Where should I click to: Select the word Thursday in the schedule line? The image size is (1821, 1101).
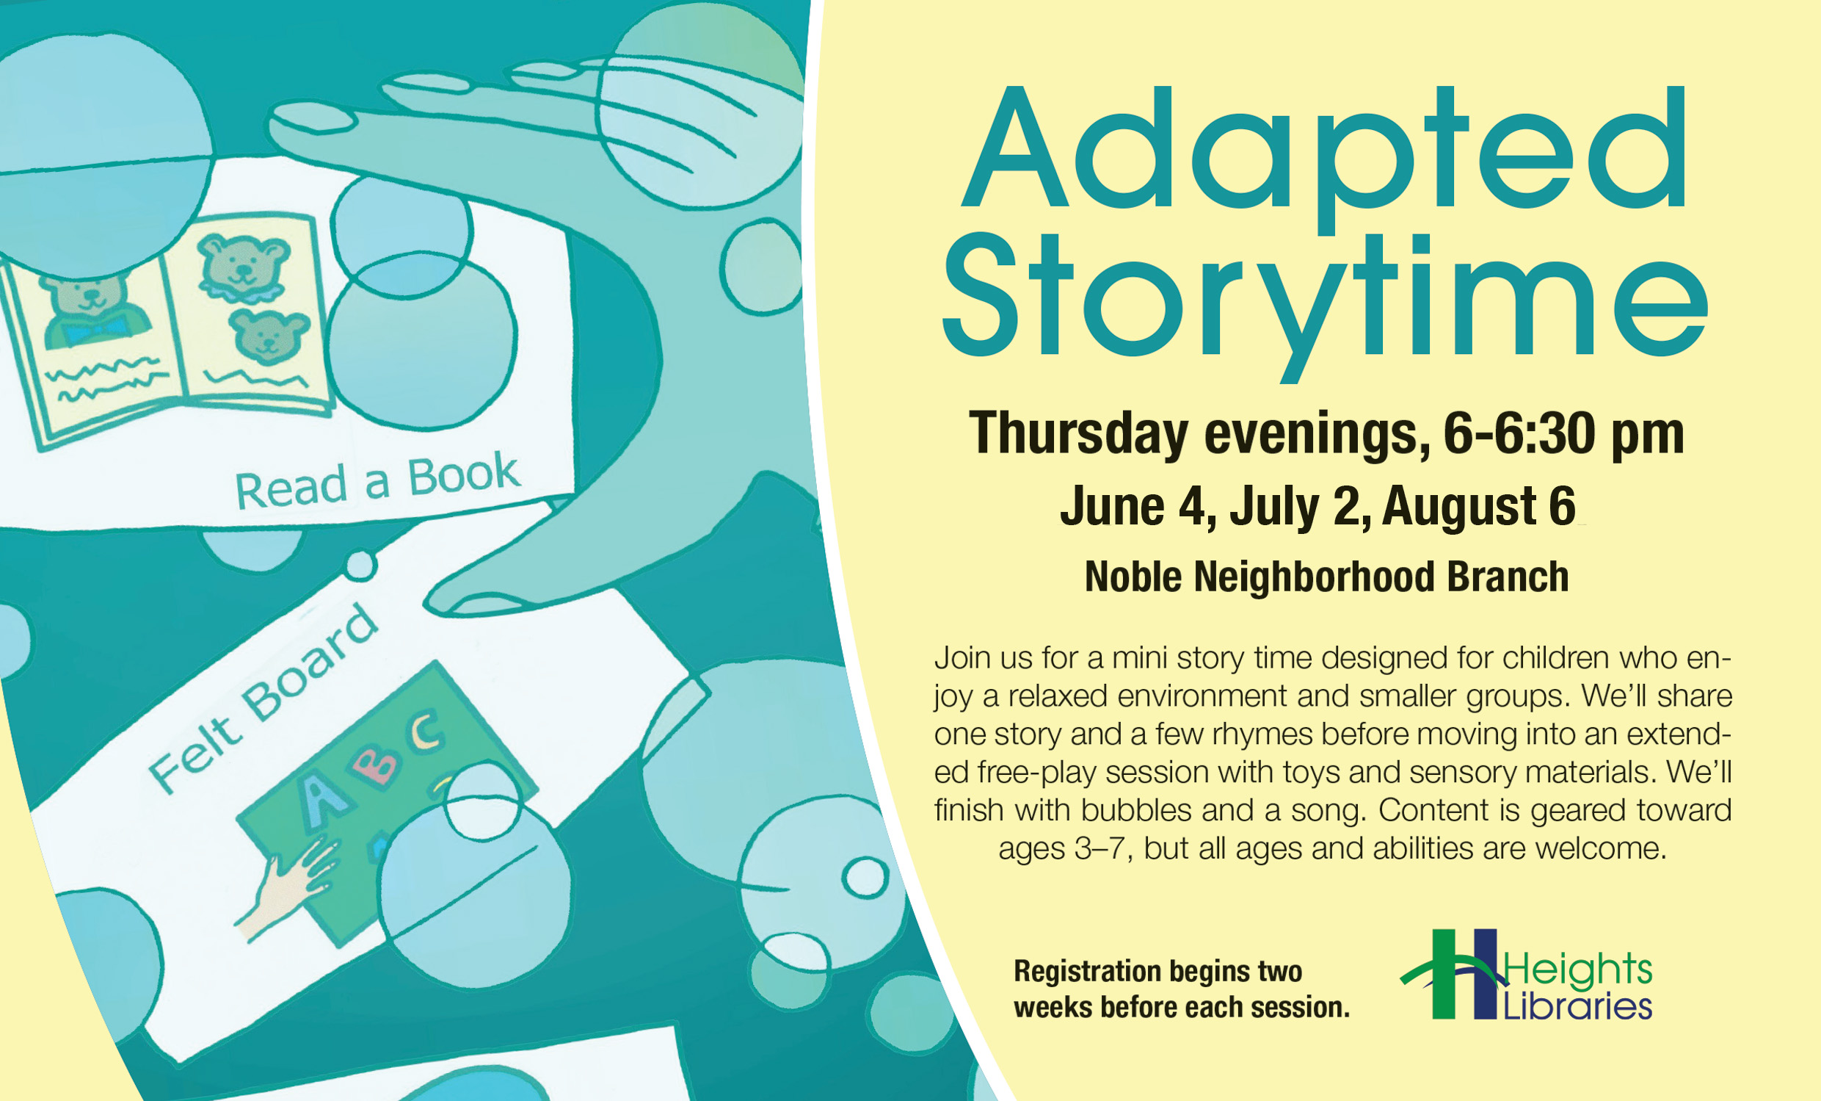pyautogui.click(x=1079, y=435)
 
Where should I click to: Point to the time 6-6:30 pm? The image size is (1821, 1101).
pyautogui.click(x=1564, y=435)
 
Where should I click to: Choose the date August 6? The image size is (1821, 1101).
pyautogui.click(x=1479, y=507)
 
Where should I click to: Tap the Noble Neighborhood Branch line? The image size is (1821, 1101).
pyautogui.click(x=1326, y=577)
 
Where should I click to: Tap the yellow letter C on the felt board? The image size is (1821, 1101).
pyautogui.click(x=427, y=729)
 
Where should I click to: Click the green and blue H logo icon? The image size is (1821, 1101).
pyautogui.click(x=1453, y=974)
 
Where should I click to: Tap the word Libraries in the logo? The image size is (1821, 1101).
pyautogui.click(x=1578, y=1006)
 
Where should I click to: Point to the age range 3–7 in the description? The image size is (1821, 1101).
pyautogui.click(x=1102, y=848)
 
